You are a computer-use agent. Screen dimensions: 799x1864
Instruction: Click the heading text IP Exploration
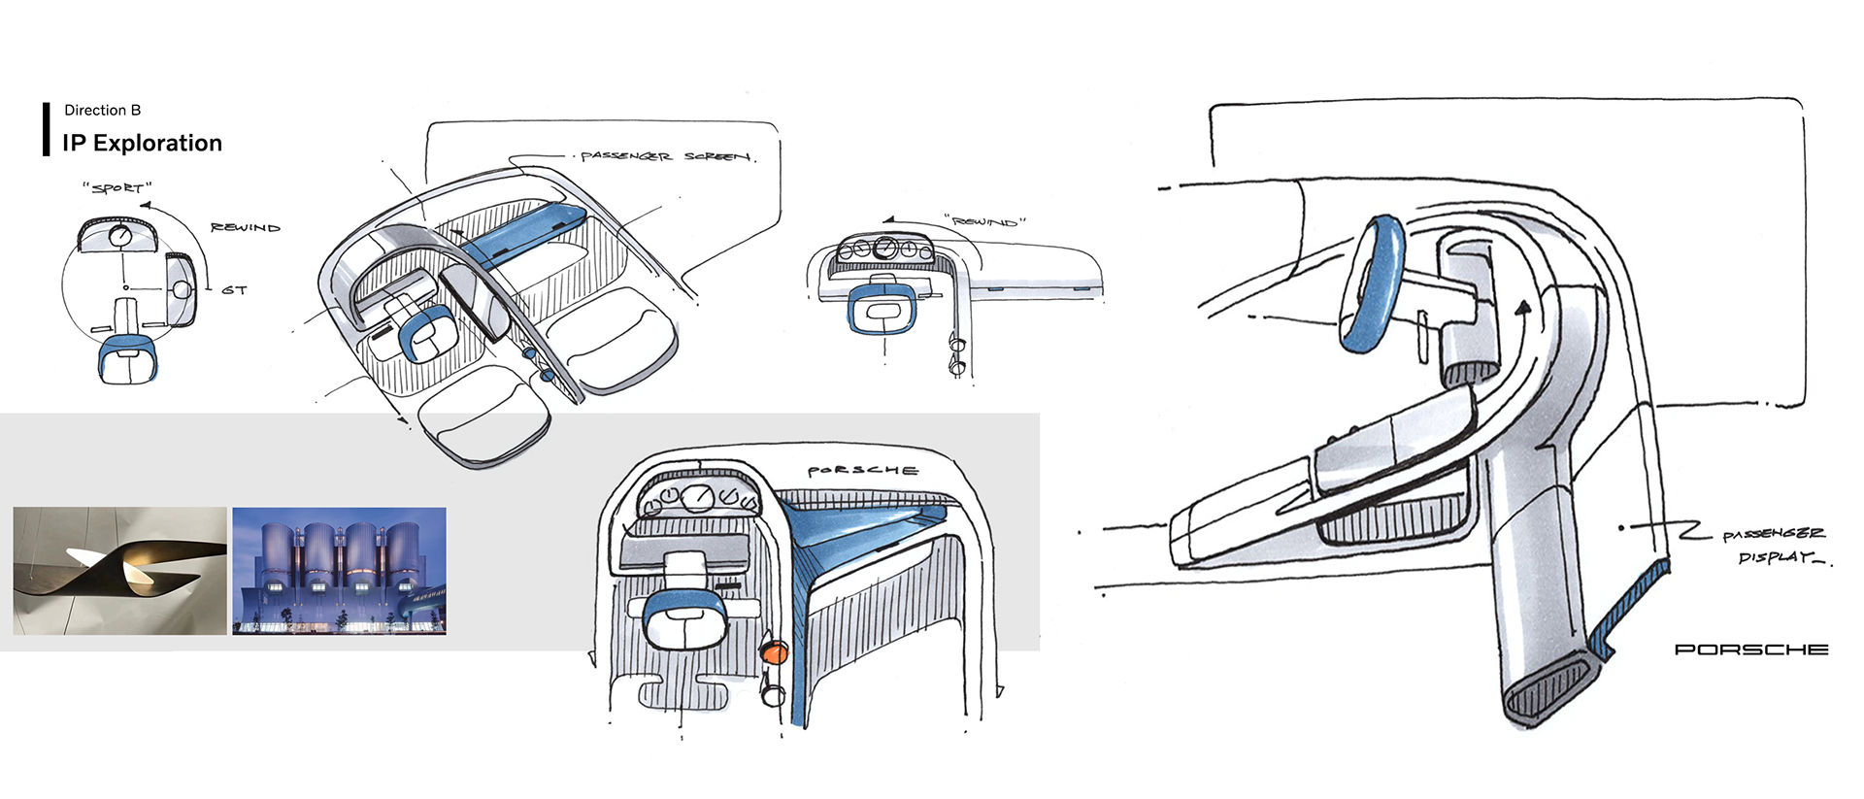point(142,143)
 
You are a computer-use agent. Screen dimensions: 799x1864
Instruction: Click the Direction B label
point(102,110)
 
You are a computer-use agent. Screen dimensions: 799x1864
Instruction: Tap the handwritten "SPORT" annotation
point(117,187)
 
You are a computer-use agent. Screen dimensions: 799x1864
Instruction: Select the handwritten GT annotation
point(234,289)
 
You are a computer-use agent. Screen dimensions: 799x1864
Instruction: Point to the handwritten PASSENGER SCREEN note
point(666,156)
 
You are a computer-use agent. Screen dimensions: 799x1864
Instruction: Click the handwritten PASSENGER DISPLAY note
point(1774,546)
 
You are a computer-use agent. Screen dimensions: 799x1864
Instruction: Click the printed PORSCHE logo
point(1750,649)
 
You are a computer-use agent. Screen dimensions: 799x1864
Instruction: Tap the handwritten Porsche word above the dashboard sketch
point(862,471)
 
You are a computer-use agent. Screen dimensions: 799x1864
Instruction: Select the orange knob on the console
point(774,652)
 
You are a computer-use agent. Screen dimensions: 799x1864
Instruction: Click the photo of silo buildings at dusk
point(339,571)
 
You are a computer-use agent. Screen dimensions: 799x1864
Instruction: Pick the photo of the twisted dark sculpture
point(119,571)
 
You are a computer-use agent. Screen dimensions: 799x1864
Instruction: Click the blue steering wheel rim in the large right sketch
point(1371,283)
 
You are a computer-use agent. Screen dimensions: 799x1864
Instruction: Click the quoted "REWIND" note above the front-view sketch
point(984,221)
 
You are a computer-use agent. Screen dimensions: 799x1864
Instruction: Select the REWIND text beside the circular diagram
point(245,227)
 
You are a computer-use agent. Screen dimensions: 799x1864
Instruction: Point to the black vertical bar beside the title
point(46,128)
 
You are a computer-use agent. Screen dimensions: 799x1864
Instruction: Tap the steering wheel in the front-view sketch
point(881,310)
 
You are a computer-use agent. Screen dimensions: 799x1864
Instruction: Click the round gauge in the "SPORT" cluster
point(120,236)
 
